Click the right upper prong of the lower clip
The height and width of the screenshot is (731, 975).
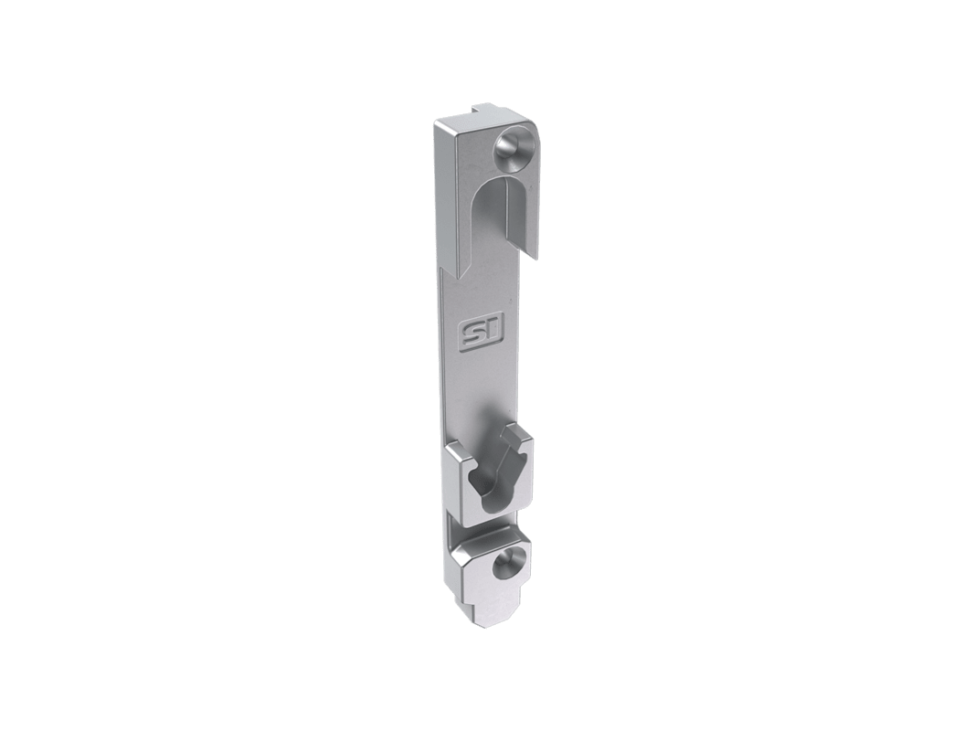coord(521,435)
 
